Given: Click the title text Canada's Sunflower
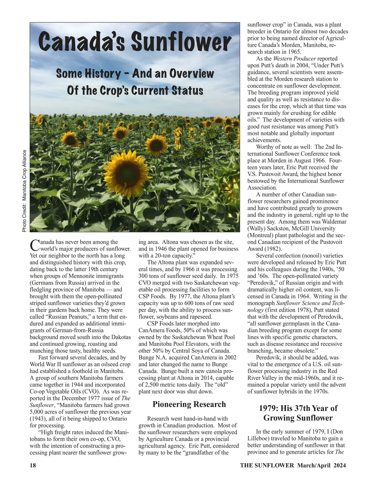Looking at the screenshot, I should point(135,43).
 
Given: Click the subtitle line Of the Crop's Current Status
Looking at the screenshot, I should point(135,91).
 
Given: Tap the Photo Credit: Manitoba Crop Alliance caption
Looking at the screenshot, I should point(25,191).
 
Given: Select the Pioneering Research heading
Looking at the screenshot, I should point(189,404).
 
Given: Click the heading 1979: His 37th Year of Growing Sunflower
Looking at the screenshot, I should point(298,413).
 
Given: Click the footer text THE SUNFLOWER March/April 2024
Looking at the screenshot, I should point(293,465).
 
